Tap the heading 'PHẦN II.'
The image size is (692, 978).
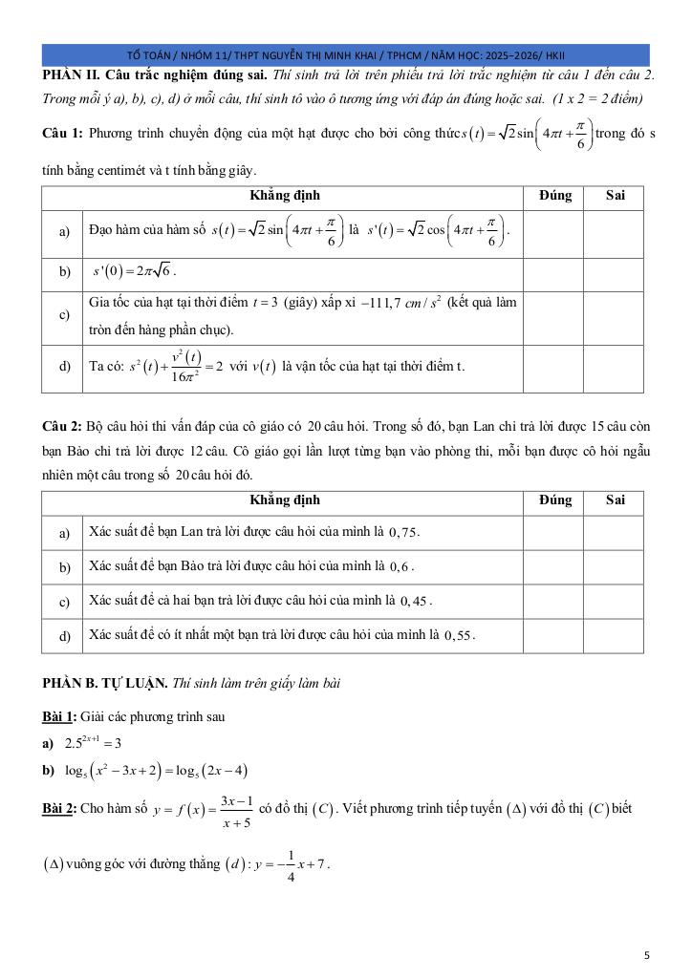point(72,74)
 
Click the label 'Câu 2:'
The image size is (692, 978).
point(63,427)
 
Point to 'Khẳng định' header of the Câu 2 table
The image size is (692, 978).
point(285,500)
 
